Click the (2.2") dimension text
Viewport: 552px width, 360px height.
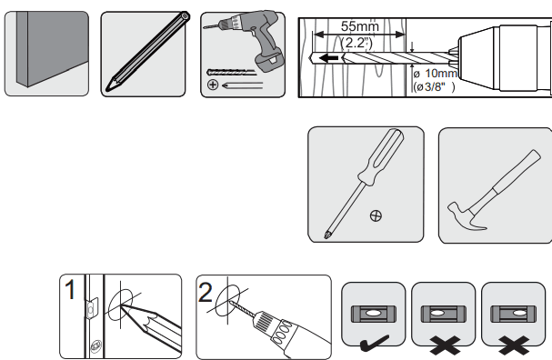click(356, 43)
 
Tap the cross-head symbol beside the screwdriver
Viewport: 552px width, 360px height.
click(376, 216)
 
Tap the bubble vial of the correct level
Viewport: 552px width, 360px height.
click(373, 312)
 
